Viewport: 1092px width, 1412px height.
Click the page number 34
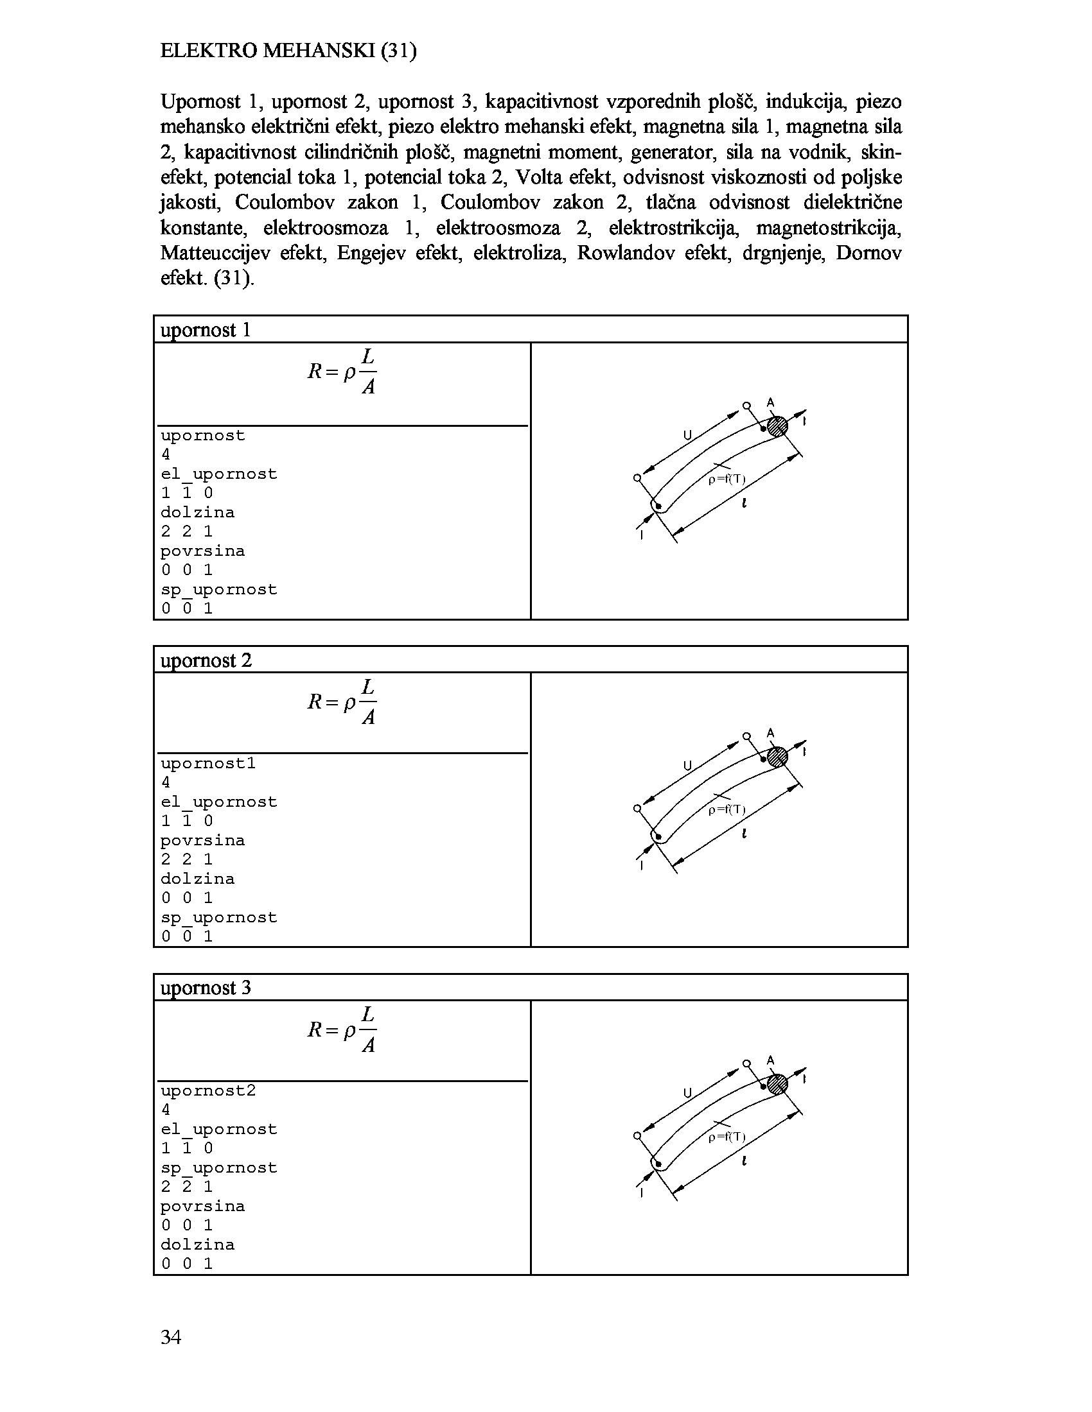(171, 1336)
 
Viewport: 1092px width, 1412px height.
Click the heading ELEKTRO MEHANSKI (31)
(288, 51)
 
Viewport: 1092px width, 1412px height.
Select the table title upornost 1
(205, 330)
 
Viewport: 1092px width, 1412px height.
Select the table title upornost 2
(206, 660)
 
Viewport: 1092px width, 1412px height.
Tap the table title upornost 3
(205, 988)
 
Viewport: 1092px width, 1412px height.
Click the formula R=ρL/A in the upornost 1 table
(342, 371)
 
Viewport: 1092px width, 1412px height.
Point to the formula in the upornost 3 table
(342, 1029)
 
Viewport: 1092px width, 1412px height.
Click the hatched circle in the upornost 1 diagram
(777, 426)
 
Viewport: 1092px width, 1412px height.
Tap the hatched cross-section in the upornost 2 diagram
(777, 757)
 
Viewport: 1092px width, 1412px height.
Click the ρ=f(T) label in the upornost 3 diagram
(727, 1137)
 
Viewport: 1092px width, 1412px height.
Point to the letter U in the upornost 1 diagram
(688, 436)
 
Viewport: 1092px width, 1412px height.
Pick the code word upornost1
(208, 764)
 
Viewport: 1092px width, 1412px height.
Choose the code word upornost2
(208, 1091)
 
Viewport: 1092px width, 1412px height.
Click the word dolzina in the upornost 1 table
(197, 513)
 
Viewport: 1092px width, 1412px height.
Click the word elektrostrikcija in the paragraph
(673, 228)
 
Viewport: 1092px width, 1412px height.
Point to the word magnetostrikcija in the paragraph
(828, 228)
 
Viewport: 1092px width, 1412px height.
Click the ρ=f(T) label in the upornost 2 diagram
(727, 809)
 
